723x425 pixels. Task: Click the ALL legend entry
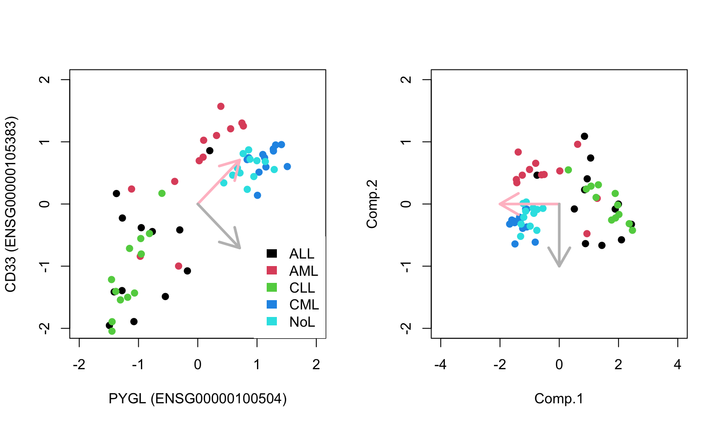click(x=292, y=254)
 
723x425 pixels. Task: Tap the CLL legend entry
click(x=292, y=288)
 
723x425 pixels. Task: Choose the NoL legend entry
click(x=292, y=322)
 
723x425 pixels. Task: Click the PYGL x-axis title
click(x=198, y=398)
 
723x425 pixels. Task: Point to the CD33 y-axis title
click(x=11, y=204)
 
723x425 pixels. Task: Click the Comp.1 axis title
click(x=559, y=398)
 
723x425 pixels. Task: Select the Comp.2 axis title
click(x=372, y=204)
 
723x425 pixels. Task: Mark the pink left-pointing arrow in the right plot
click(x=529, y=204)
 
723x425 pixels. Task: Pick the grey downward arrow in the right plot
click(x=559, y=235)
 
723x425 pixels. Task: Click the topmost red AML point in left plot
click(x=221, y=106)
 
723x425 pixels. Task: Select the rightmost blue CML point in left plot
click(x=287, y=166)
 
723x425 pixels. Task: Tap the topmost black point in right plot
click(x=584, y=136)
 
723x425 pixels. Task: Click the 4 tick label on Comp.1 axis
click(x=677, y=365)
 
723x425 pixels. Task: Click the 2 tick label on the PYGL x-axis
click(x=316, y=365)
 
